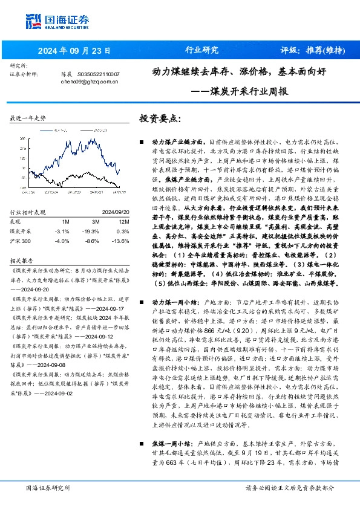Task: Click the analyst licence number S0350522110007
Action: pyautogui.click(x=99, y=74)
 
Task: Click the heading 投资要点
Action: pyautogui.click(x=160, y=118)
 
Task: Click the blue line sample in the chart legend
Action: pyautogui.click(x=44, y=131)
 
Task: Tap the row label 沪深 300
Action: pyautogui.click(x=22, y=240)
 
